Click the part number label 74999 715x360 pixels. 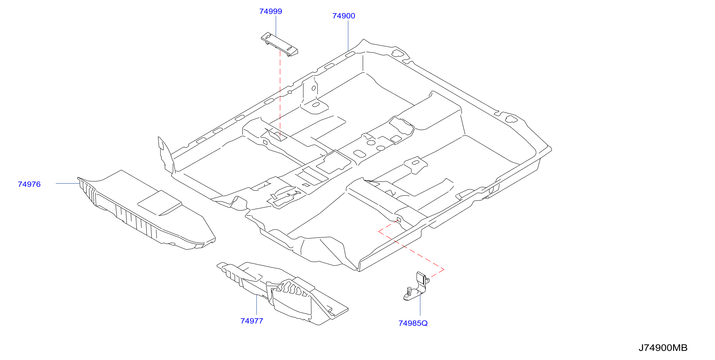coord(270,11)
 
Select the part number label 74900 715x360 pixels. coord(344,16)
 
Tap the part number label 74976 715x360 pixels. coord(29,184)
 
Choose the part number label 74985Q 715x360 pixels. coord(413,323)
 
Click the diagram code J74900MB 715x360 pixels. coord(663,348)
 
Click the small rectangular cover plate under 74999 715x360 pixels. coord(279,44)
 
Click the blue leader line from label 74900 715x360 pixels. coord(348,35)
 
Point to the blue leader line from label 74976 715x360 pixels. coord(68,183)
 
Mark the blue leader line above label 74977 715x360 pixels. coord(256,305)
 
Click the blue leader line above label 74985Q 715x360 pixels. coord(420,305)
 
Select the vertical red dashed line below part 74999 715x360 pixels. coord(280,93)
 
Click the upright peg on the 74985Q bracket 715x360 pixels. coord(409,291)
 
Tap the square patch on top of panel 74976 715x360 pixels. coord(160,203)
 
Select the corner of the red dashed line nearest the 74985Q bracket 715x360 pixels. coord(444,269)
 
